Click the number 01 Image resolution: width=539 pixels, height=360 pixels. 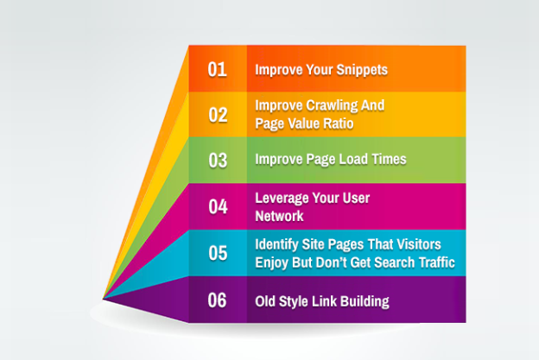[217, 69]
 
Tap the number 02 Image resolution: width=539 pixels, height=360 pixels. [218, 115]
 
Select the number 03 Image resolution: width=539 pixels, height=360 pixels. [218, 161]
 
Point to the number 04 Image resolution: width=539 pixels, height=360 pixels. [218, 206]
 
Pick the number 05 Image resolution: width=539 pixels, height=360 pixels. [218, 253]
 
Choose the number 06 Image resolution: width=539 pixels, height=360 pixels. [217, 300]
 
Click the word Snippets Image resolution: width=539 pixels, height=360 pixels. [362, 71]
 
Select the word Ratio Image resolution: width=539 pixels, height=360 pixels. [340, 123]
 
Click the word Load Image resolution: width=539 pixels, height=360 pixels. [353, 159]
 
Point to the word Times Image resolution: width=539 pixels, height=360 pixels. [389, 159]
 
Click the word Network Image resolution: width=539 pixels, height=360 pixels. [280, 216]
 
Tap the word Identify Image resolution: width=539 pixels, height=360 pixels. [276, 245]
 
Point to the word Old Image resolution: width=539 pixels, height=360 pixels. [265, 301]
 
